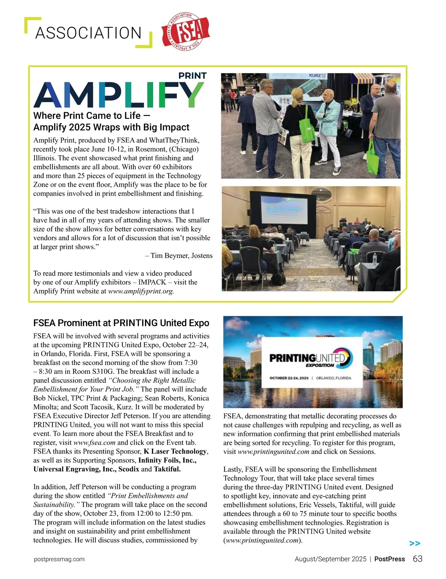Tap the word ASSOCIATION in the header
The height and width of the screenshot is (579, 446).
(x=88, y=33)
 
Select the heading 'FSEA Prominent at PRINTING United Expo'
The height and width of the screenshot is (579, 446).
(x=121, y=323)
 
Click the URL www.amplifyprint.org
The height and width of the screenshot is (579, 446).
(x=141, y=291)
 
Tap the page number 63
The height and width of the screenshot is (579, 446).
(x=417, y=559)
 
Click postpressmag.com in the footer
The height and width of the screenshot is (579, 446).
(x=59, y=559)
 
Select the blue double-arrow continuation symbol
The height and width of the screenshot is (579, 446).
(x=414, y=543)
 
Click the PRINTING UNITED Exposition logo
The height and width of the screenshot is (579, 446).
(x=310, y=358)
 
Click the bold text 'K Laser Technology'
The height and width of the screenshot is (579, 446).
(x=175, y=452)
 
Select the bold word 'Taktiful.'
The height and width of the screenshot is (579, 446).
(x=167, y=469)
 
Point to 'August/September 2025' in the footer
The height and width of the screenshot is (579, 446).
(x=330, y=559)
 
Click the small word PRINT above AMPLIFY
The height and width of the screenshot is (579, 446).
(x=192, y=76)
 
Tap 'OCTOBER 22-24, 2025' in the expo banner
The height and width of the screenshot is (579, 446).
(x=289, y=378)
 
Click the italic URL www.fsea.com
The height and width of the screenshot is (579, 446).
(x=94, y=443)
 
